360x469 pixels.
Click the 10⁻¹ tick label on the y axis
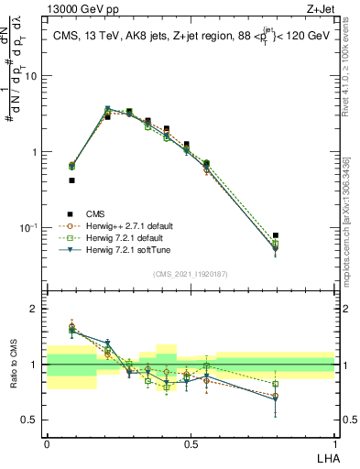point(30,227)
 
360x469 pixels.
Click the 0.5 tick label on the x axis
point(191,444)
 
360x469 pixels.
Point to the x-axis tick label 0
point(47,444)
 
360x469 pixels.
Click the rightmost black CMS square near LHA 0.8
point(277,235)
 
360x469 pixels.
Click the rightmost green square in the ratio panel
point(277,384)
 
